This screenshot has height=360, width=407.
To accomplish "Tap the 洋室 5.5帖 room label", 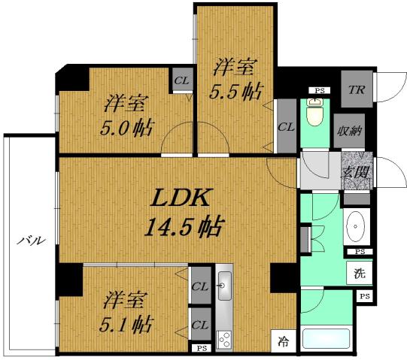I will click(236, 79).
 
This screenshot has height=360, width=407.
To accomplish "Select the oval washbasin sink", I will click(355, 226).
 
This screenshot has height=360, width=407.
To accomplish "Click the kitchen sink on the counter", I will click(224, 286).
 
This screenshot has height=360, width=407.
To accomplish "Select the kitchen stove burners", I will click(224, 340).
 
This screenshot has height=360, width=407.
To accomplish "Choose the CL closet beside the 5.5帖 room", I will click(285, 126).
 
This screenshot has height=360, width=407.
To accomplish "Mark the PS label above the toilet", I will click(319, 91).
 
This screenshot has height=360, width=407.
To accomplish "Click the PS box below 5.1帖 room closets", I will click(200, 348).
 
